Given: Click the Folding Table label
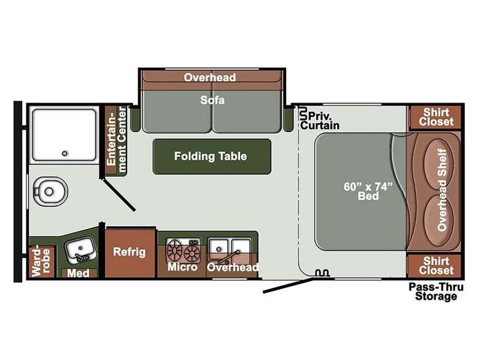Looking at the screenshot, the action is point(211,156).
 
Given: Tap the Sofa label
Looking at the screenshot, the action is point(212,100).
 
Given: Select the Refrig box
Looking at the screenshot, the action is point(130,252).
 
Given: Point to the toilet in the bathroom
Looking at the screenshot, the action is point(50,191).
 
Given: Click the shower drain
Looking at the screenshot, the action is point(64,154).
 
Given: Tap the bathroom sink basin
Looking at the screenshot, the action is point(80,250).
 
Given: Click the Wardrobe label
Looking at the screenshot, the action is point(40,262).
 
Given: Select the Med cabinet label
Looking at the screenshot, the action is point(79,273).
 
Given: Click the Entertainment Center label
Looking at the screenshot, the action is point(116,140).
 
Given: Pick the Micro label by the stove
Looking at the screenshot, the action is point(182,266).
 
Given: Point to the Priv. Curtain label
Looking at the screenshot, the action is point(320,121).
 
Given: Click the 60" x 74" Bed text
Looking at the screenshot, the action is point(368,191).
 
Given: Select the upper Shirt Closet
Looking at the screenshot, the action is point(436,117).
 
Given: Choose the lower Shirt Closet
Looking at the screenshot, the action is point(436,266).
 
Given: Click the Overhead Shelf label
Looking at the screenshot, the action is point(442,189).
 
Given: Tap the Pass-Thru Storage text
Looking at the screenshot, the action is point(436,292).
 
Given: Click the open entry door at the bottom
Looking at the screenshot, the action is point(289,286).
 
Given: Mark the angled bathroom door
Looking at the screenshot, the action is point(119,196).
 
